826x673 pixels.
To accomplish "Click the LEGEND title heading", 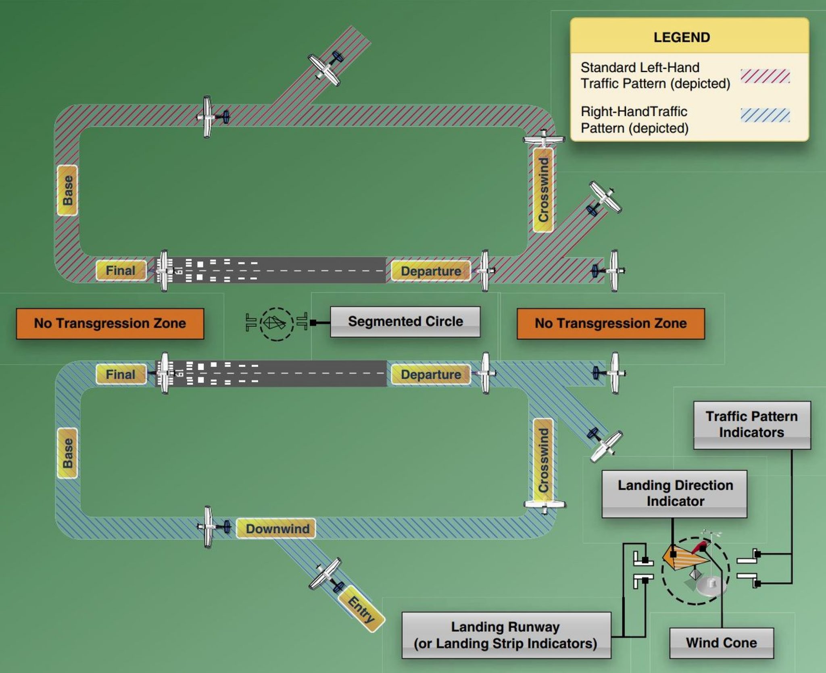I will pos(681,37).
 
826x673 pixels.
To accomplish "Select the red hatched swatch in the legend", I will pos(765,76).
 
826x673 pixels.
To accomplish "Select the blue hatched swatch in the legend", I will pos(765,115).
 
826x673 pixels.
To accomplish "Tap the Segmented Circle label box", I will pos(405,322).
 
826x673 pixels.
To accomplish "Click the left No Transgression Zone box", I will pos(110,323).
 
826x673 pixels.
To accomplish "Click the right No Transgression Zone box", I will pos(611,323).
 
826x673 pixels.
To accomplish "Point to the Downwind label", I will pos(277,528).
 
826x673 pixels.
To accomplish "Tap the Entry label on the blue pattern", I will pos(361,609).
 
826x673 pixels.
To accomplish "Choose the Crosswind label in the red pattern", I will pos(543,189).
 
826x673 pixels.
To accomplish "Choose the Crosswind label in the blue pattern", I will pos(543,460).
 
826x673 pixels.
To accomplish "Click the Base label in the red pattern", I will pos(67,190).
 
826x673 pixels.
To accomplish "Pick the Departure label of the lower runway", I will pos(430,374).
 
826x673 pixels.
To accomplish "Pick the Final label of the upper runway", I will pos(120,270).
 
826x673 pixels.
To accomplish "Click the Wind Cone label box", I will pos(721,642).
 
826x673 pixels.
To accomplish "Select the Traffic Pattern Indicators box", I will pos(751,424).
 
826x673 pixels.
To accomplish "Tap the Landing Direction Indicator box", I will pos(674,493).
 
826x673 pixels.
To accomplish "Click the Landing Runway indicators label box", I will pos(506,635).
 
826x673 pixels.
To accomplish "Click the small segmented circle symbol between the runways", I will pos(276,324).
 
